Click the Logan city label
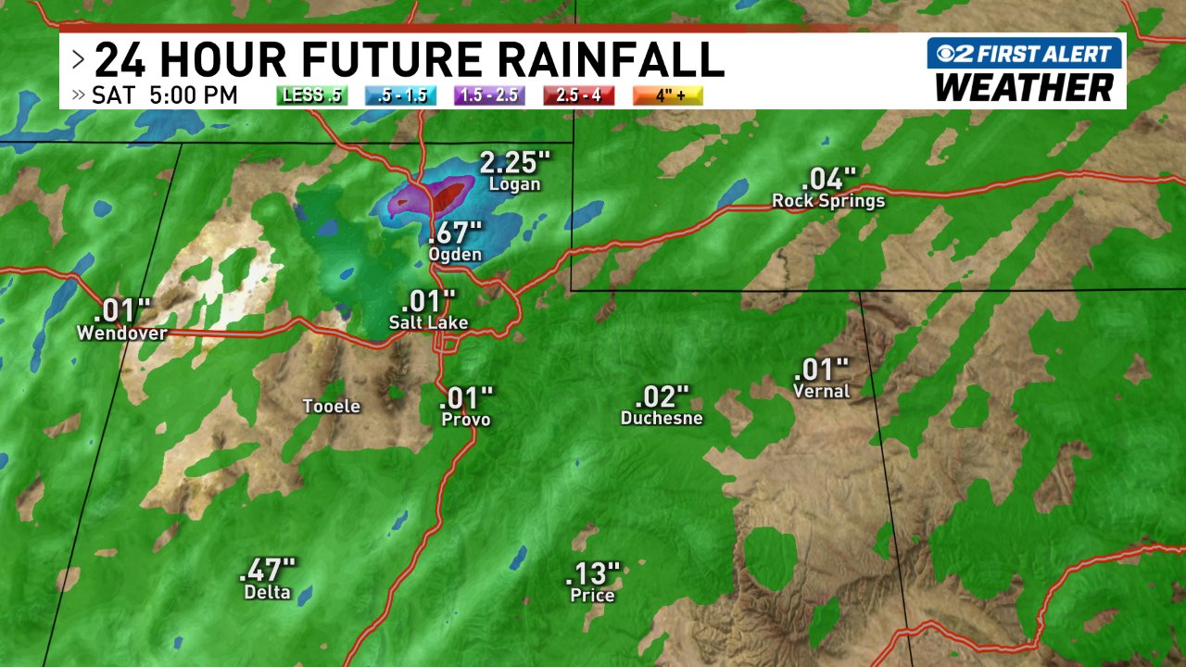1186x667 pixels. [x=516, y=184]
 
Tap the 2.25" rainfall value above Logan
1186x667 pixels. [x=514, y=163]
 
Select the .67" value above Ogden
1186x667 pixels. [x=455, y=232]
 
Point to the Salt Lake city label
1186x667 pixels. [x=428, y=322]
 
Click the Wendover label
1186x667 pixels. [x=122, y=333]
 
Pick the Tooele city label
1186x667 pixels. [x=332, y=407]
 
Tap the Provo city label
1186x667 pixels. [x=466, y=420]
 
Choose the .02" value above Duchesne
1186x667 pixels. [x=662, y=397]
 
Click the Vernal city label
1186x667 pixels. [x=821, y=391]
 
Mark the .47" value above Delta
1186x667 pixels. [x=267, y=570]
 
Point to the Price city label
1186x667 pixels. [x=592, y=595]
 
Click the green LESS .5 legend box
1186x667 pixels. [x=311, y=95]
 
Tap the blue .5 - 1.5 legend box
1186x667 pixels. [x=401, y=95]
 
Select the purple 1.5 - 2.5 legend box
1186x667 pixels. [x=489, y=95]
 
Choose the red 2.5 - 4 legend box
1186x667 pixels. [x=579, y=95]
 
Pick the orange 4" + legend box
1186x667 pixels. [x=667, y=95]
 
